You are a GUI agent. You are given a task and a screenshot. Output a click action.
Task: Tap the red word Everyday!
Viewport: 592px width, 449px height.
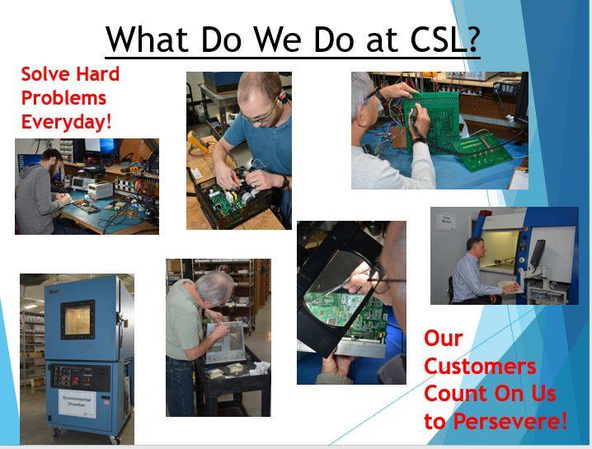coord(67,121)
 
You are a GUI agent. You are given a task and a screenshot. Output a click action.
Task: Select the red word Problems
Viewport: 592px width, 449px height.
coord(63,97)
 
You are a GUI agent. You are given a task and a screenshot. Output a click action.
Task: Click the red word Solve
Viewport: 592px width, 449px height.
coord(46,73)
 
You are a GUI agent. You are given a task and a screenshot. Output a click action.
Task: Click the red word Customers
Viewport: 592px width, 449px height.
coord(480,366)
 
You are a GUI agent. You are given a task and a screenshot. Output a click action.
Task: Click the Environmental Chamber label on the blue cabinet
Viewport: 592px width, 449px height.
coord(77,402)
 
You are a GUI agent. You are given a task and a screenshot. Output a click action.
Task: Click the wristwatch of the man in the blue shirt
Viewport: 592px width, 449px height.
coord(284,181)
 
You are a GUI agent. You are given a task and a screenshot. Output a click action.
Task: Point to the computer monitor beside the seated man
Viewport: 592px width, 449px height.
coord(537,253)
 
